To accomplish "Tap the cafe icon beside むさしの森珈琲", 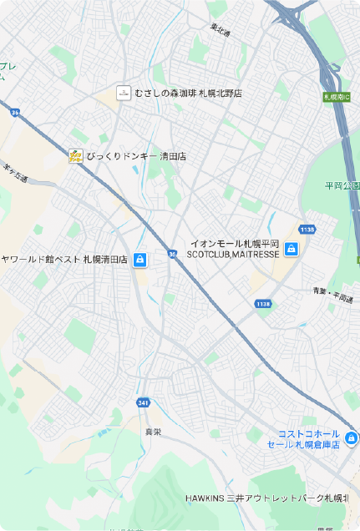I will click(123, 93).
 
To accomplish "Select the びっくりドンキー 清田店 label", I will click(136, 156).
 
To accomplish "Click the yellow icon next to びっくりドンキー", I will click(75, 155).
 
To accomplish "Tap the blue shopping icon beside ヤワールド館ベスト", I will click(140, 260).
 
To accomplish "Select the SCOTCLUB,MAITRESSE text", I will click(233, 254).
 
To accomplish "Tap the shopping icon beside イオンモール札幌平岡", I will click(292, 249).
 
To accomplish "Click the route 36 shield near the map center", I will click(172, 253).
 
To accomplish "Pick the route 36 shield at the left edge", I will click(15, 112).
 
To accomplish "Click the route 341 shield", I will click(143, 403).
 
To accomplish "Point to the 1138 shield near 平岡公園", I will click(307, 230).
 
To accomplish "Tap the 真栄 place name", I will click(153, 432).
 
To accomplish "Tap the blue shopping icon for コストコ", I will click(352, 438).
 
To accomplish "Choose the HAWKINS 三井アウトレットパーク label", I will click(266, 498).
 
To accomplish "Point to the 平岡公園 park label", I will click(342, 185).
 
